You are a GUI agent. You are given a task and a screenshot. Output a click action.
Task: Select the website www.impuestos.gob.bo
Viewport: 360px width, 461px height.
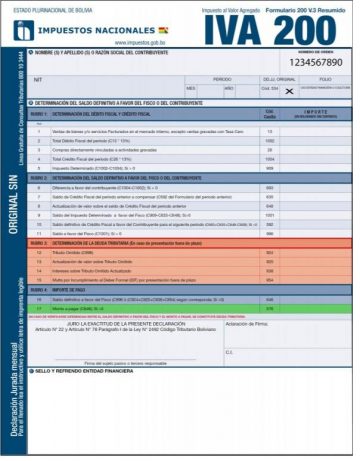pos(147,44)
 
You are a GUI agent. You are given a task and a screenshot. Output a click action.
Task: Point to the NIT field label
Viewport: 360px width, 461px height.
pos(39,76)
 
